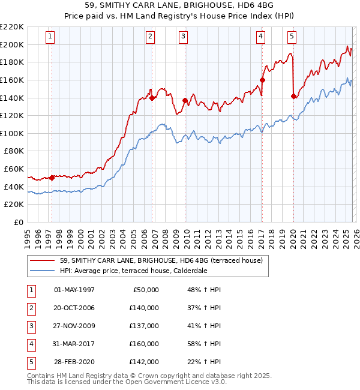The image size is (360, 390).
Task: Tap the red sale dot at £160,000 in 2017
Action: point(262,80)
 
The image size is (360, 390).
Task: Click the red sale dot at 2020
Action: point(293,96)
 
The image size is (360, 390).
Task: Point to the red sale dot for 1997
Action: point(52,178)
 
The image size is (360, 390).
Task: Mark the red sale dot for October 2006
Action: point(152,98)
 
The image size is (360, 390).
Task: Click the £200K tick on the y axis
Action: point(13,44)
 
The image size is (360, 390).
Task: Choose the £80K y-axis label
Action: point(14,151)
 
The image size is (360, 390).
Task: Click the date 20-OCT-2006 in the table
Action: point(74,308)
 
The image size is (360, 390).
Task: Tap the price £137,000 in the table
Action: point(144,326)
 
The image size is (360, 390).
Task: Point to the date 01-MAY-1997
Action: point(74,290)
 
